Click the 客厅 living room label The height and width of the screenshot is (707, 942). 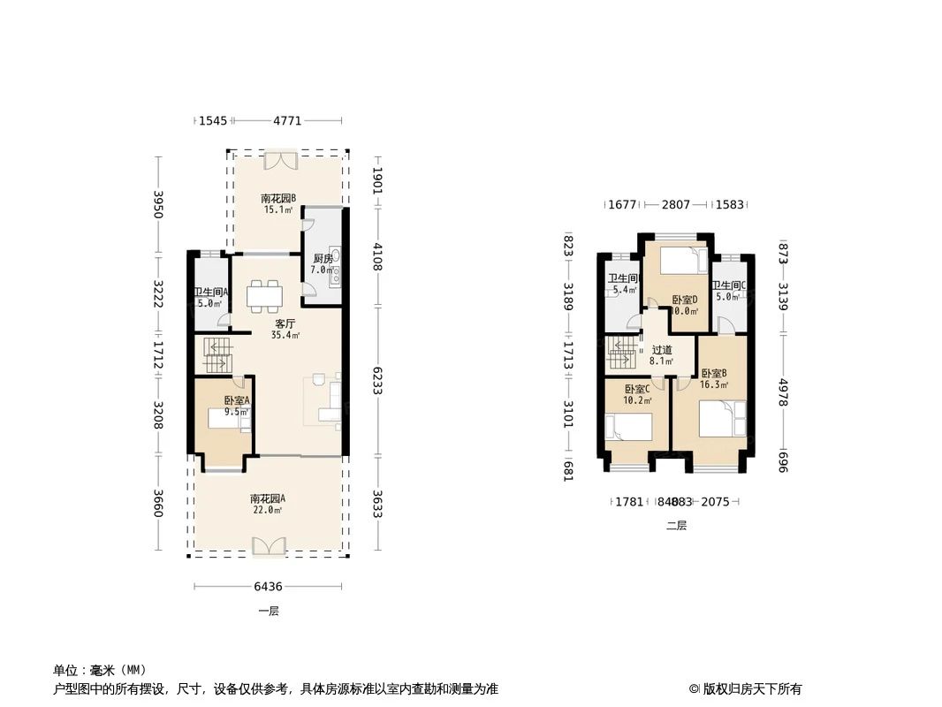pos(285,323)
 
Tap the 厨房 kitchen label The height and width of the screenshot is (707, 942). pos(323,259)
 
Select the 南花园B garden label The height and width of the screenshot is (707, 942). pos(277,199)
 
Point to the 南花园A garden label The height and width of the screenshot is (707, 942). pos(267,498)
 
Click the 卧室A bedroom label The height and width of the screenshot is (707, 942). pos(237,399)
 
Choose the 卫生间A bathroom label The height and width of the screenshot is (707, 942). pos(211,293)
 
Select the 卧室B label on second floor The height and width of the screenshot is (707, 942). pos(713,373)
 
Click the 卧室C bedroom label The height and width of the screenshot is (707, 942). pos(637,389)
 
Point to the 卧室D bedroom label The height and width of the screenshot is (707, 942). pos(684,300)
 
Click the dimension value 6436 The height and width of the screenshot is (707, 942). pos(268,586)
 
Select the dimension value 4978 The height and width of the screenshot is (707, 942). pos(782,393)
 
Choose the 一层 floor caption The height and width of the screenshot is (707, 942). pos(268,611)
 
